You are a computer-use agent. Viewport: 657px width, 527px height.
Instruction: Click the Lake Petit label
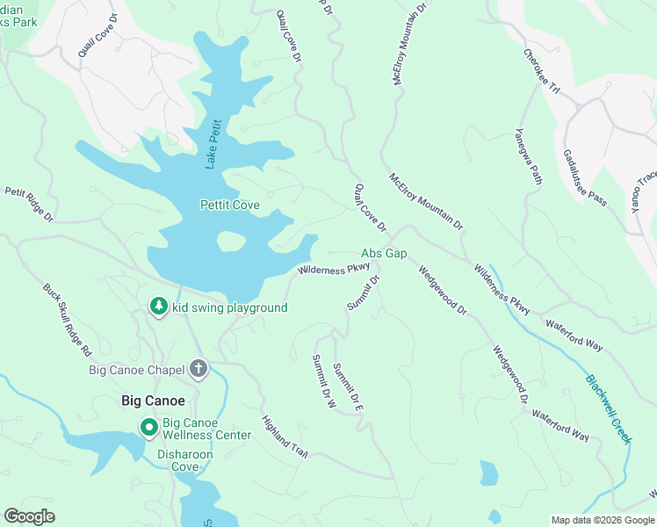(x=211, y=143)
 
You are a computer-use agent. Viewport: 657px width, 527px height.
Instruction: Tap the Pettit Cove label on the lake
(x=230, y=205)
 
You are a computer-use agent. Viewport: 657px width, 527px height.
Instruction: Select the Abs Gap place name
(x=384, y=253)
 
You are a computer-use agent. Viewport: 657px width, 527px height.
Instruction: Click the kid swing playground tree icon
(x=158, y=307)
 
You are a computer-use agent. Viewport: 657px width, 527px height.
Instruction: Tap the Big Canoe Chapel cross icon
(x=198, y=369)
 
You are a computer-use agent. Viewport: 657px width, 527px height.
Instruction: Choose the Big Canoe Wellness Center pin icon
(x=149, y=428)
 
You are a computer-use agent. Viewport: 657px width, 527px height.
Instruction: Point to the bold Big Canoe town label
(x=153, y=401)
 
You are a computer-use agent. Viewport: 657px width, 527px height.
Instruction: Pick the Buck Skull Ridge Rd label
(x=68, y=318)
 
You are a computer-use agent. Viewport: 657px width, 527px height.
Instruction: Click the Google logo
(x=29, y=516)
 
